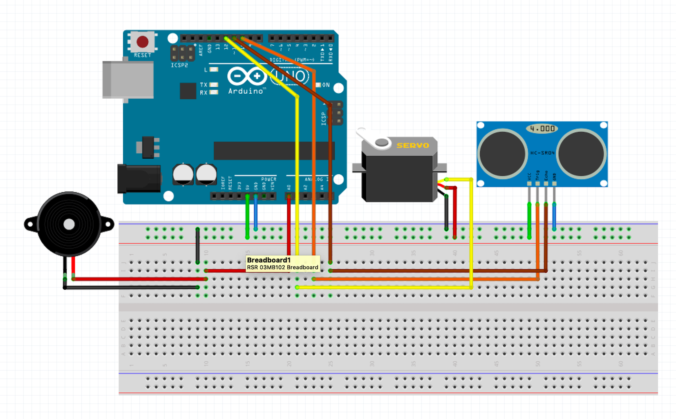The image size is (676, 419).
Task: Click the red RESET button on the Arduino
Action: tap(142, 41)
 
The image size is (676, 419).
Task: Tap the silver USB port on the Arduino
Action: tap(128, 80)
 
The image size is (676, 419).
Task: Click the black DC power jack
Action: tap(138, 178)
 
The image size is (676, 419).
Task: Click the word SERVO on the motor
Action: tap(412, 145)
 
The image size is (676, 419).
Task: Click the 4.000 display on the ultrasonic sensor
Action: tap(542, 128)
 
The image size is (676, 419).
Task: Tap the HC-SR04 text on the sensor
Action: tap(542, 153)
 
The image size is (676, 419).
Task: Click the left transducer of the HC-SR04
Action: tap(502, 153)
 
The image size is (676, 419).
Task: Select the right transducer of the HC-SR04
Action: tap(581, 153)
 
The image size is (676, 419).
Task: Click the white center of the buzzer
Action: tap(69, 224)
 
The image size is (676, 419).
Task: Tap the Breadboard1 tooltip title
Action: tap(269, 260)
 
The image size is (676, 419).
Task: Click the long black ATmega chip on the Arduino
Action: tap(274, 151)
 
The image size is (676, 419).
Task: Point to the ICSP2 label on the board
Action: tap(179, 65)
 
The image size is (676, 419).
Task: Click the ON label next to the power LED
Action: tap(326, 85)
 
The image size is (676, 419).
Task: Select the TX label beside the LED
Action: tap(204, 85)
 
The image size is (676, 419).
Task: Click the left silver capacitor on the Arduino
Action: tap(183, 174)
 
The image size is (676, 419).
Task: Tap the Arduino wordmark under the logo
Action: tap(246, 91)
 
